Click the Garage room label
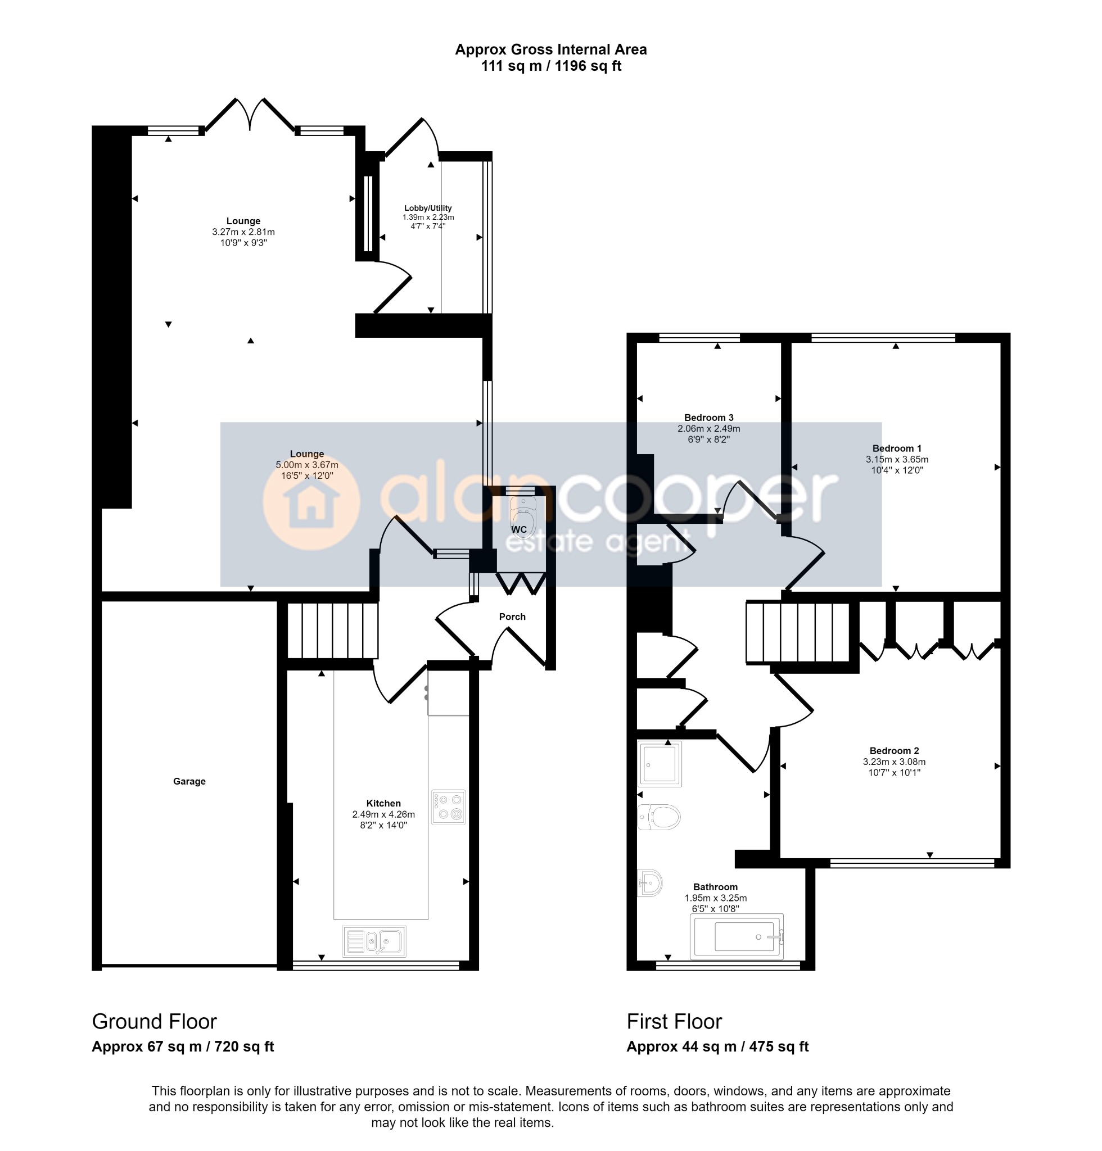pyautogui.click(x=189, y=782)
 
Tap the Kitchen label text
pyautogui.click(x=383, y=803)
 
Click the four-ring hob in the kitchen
pyautogui.click(x=449, y=807)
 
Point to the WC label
pyautogui.click(x=519, y=529)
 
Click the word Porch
pyautogui.click(x=512, y=617)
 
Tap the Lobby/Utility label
pyautogui.click(x=428, y=208)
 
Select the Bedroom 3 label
pyautogui.click(x=709, y=418)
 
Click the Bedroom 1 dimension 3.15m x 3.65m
pyautogui.click(x=897, y=459)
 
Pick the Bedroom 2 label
pyautogui.click(x=894, y=751)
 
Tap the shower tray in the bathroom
pyautogui.click(x=660, y=764)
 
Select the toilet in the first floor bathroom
pyautogui.click(x=659, y=817)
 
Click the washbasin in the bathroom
pyautogui.click(x=651, y=882)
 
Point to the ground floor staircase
pyautogui.click(x=332, y=631)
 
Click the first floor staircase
pyautogui.click(x=798, y=632)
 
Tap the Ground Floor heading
pyautogui.click(x=155, y=1022)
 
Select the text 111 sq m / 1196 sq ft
pyautogui.click(x=551, y=66)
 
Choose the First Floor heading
pyautogui.click(x=674, y=1022)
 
